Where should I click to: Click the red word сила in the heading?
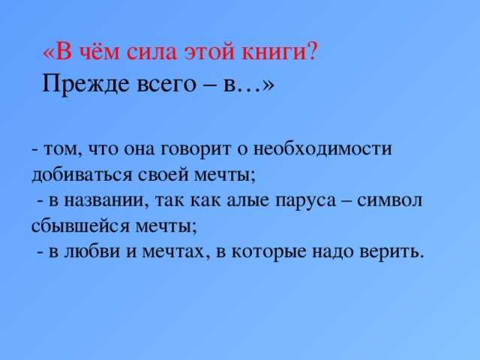pyautogui.click(x=152, y=52)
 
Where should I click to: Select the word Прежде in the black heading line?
pyautogui.click(x=85, y=84)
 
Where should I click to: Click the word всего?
pyautogui.click(x=166, y=85)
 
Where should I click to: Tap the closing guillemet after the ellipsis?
pyautogui.click(x=268, y=85)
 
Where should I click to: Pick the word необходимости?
pyautogui.click(x=323, y=149)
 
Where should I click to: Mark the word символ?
pyautogui.click(x=390, y=201)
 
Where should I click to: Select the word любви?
pyautogui.click(x=91, y=252)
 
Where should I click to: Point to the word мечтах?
pyautogui.click(x=174, y=253)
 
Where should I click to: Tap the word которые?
pyautogui.click(x=268, y=253)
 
